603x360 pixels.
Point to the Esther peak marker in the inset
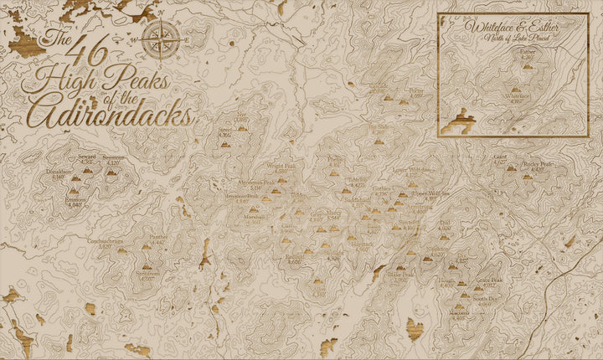click(523, 65)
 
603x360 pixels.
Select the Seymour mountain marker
click(111, 172)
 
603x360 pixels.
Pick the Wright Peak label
click(281, 167)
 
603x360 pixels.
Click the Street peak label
click(224, 131)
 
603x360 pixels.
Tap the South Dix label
click(485, 298)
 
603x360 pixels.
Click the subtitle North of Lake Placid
click(513, 36)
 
